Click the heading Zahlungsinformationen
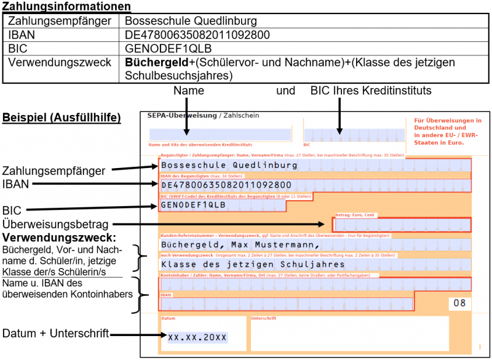pos(66,7)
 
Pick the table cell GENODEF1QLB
pos(161,49)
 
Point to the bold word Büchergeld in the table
pos(152,63)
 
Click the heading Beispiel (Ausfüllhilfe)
pos(62,117)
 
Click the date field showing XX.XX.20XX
pos(197,337)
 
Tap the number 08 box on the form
pos(459,303)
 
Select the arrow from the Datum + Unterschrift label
pos(138,335)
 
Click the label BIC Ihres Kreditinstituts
pos(371,91)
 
